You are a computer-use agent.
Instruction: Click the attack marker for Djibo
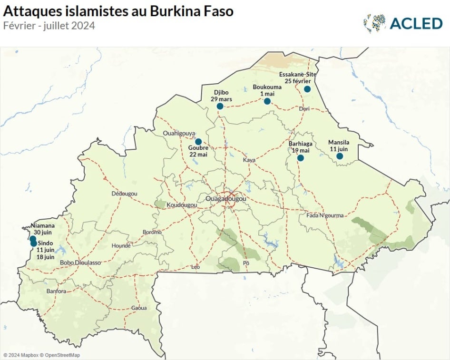(x=220, y=106)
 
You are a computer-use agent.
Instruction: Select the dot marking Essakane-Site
(x=307, y=89)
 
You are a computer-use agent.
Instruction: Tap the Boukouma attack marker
(x=267, y=101)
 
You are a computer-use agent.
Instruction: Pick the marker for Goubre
(x=198, y=141)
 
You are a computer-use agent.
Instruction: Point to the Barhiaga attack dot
(x=301, y=158)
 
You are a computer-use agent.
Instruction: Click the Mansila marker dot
(x=340, y=156)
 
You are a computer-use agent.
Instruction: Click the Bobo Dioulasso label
(x=80, y=263)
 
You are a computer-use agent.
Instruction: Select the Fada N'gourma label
(x=324, y=215)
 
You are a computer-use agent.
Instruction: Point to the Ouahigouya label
(x=179, y=133)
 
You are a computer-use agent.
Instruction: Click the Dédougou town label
(x=124, y=194)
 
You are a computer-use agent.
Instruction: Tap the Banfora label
(x=56, y=291)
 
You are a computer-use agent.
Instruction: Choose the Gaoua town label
(x=139, y=308)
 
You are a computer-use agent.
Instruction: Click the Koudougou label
(x=182, y=204)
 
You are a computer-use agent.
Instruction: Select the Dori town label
(x=304, y=109)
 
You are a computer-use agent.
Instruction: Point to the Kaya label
(x=249, y=160)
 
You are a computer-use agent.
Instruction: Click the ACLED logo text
(x=416, y=23)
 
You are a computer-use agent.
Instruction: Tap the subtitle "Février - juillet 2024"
(x=49, y=26)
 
